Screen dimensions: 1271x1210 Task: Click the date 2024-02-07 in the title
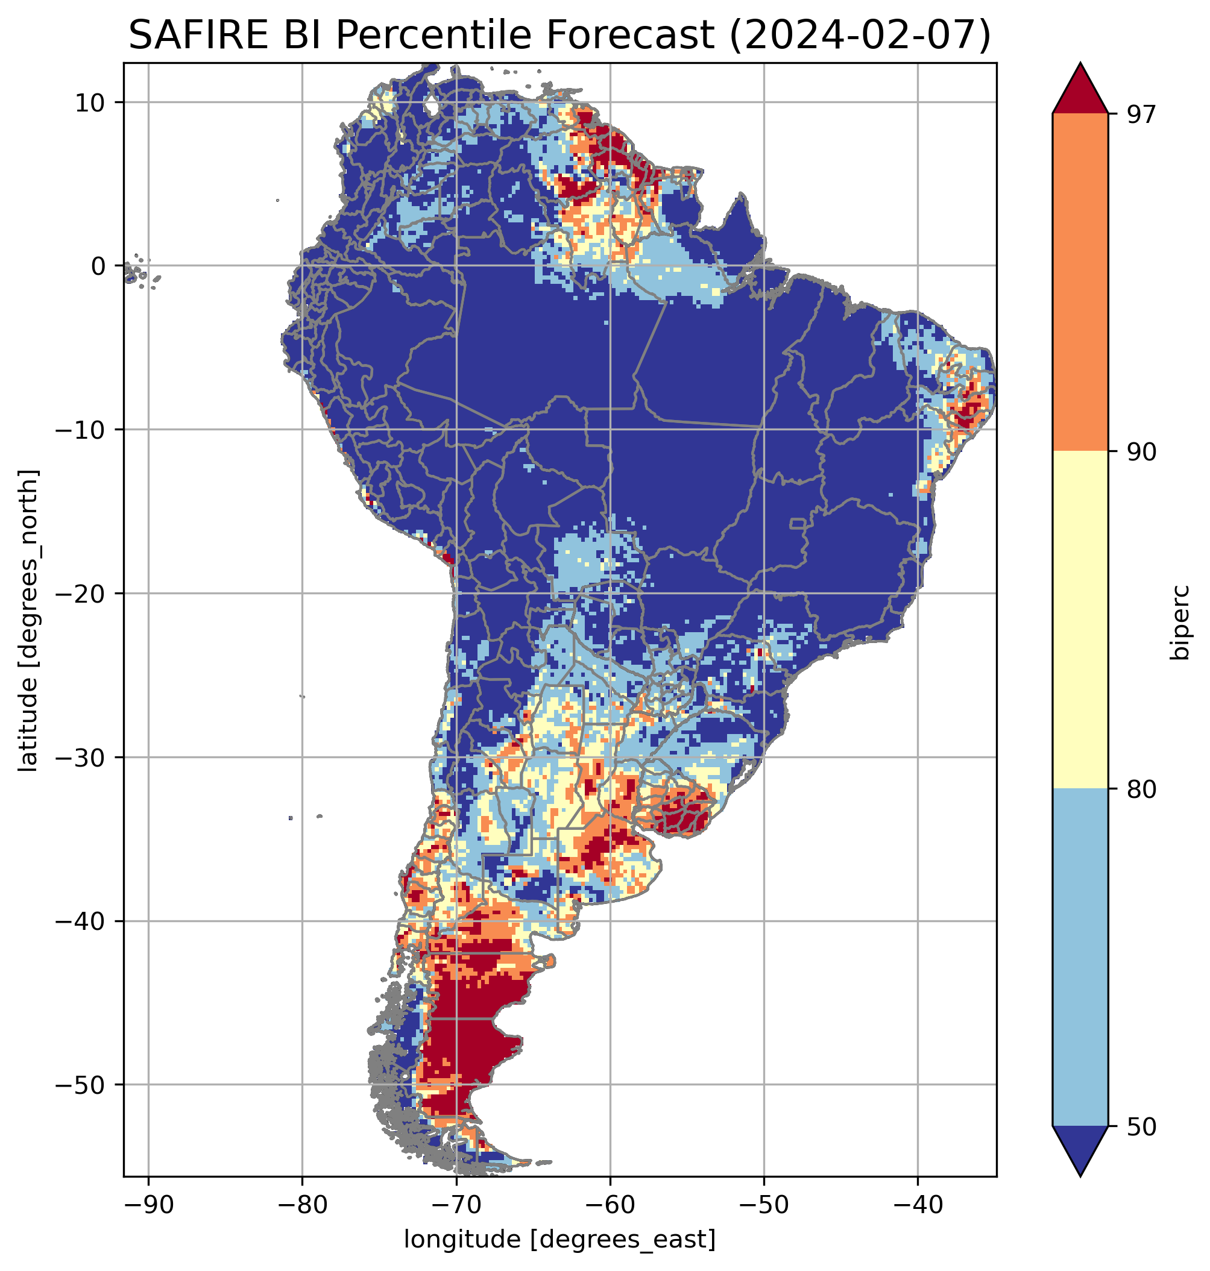tap(858, 36)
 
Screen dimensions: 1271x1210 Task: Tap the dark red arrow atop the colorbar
tap(1080, 90)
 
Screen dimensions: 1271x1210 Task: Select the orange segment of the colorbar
tap(1080, 283)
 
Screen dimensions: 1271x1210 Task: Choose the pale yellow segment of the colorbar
tap(1080, 620)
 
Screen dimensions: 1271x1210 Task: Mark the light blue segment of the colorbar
tap(1080, 958)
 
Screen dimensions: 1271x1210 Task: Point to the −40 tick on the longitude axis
tap(917, 1205)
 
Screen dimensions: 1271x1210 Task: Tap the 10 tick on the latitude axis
tap(91, 102)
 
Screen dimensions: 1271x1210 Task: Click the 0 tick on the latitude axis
tap(99, 266)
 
